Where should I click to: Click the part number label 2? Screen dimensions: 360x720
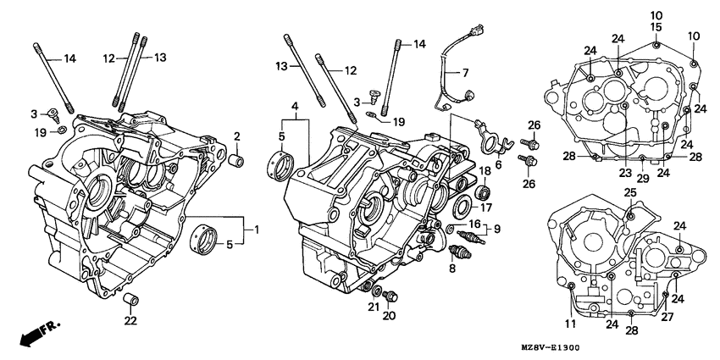coord(237,136)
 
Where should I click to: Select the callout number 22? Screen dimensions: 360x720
coord(130,320)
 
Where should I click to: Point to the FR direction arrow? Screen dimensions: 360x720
coord(31,332)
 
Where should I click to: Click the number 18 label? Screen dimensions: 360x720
coord(485,171)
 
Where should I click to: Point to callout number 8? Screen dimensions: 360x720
coord(451,268)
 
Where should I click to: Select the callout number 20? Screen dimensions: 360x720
coord(389,316)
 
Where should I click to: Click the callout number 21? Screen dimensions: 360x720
coord(374,306)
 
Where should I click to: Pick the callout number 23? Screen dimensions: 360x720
coord(625,173)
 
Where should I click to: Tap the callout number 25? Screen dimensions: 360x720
coord(630,194)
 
